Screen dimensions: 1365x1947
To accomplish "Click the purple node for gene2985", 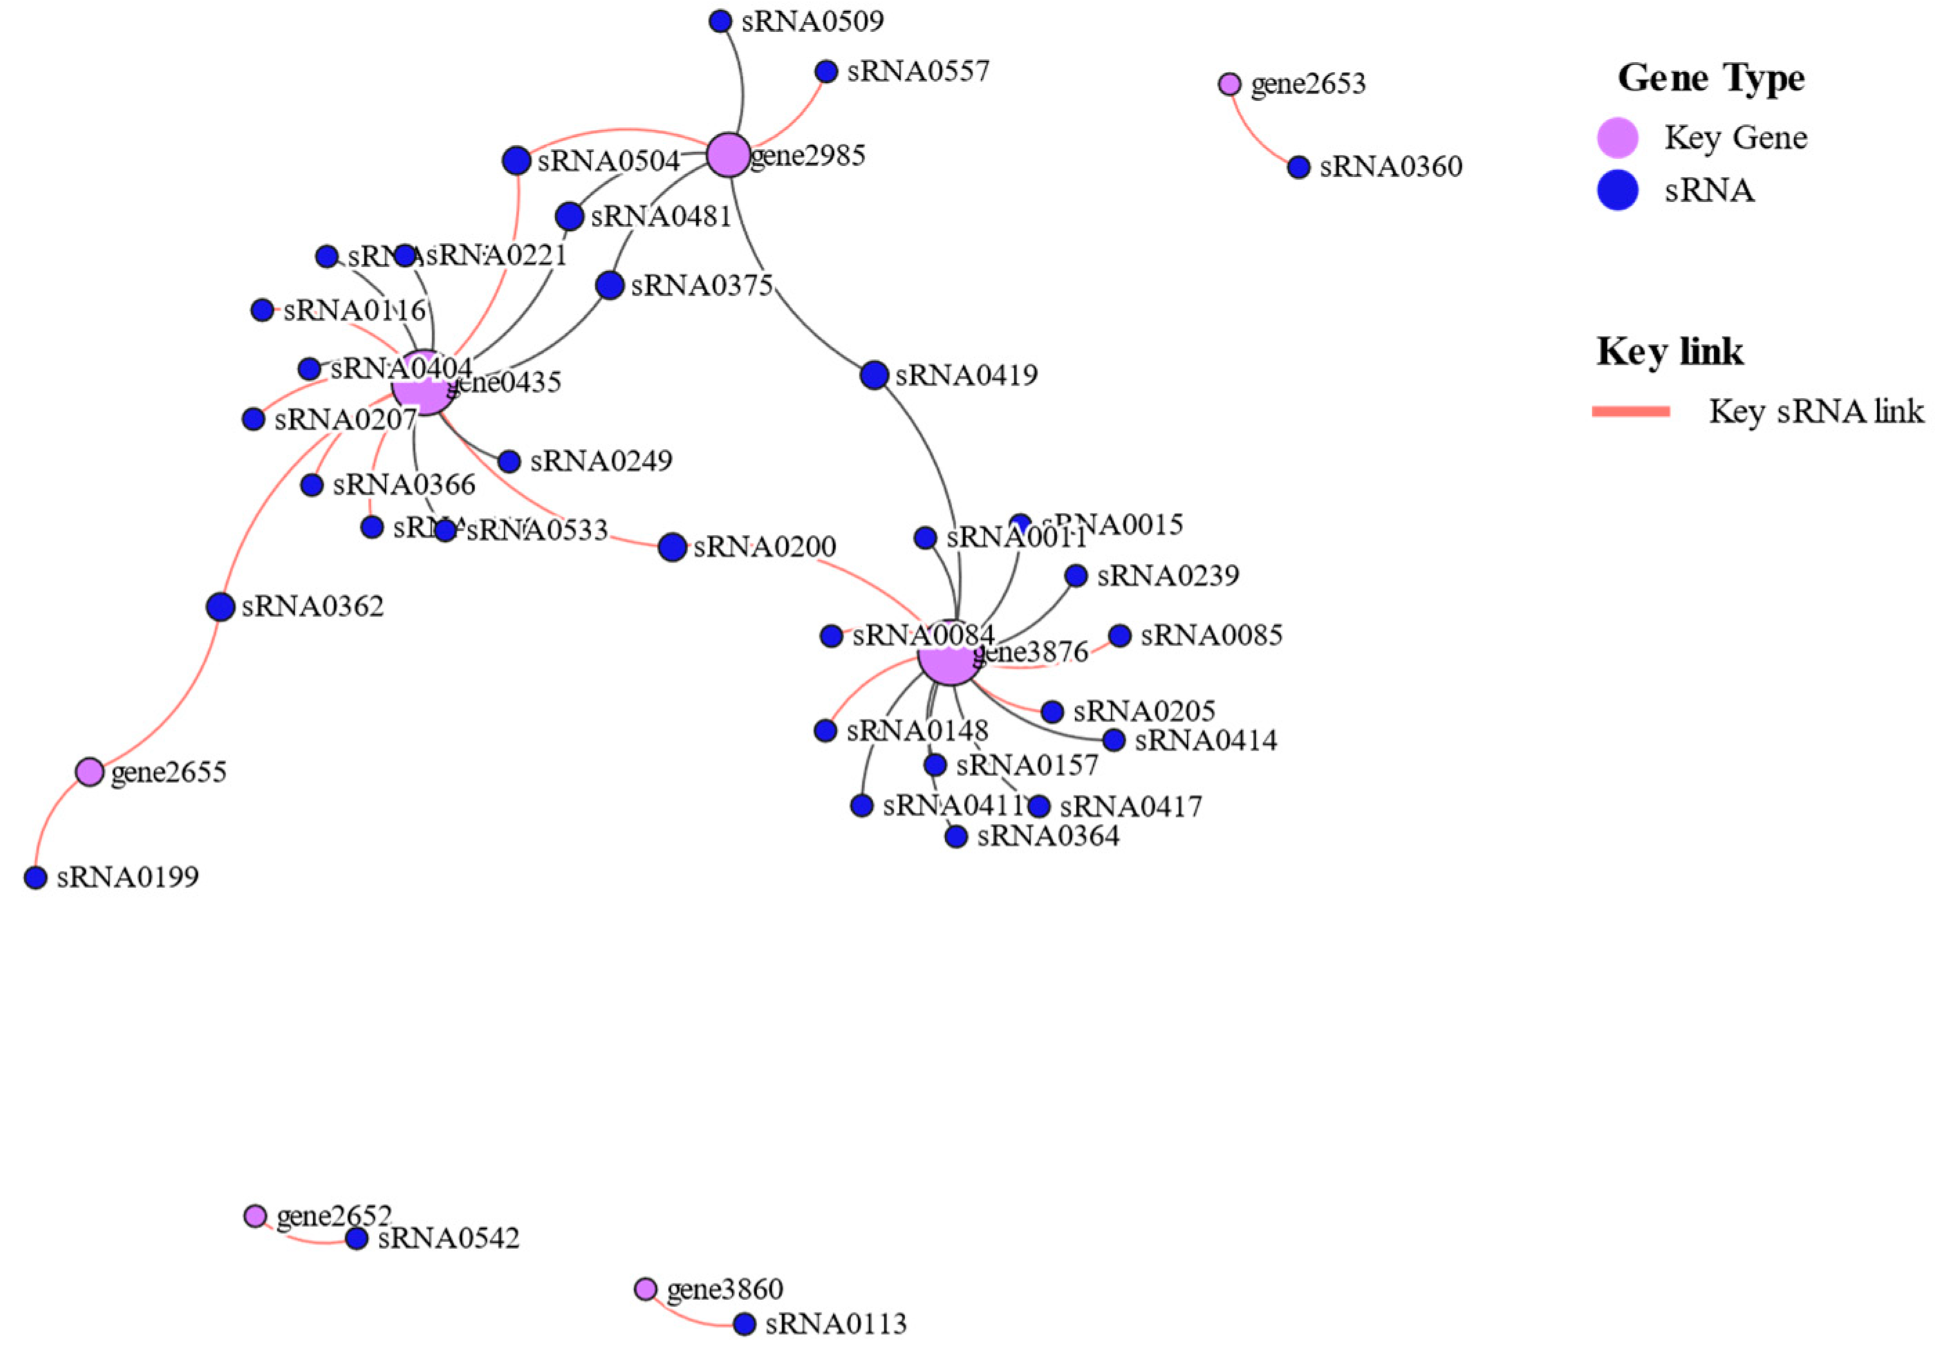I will [x=727, y=155].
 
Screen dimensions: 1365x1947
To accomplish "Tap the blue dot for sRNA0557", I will [x=826, y=71].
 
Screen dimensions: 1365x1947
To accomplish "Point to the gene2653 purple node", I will [x=1229, y=84].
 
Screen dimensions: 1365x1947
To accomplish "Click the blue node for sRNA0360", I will [x=1298, y=167].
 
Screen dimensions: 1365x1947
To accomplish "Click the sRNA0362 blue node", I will [x=220, y=606].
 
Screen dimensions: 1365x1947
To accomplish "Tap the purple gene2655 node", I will [x=89, y=771].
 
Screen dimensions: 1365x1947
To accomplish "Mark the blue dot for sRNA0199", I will [x=35, y=878].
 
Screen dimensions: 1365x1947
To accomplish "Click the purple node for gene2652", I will [x=254, y=1216].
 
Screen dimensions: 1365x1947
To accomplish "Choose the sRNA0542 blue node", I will [x=356, y=1239].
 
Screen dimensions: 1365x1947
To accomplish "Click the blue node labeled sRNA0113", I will [x=744, y=1324].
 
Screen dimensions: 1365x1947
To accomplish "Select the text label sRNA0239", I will [x=1168, y=576].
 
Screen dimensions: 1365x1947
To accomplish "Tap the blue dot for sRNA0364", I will [x=956, y=837].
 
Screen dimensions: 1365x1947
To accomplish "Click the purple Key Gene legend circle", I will [x=1617, y=138].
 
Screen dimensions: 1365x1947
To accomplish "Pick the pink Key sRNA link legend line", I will [x=1631, y=412].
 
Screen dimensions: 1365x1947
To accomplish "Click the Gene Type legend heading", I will [x=1711, y=78].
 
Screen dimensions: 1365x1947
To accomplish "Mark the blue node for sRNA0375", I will [x=610, y=285].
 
